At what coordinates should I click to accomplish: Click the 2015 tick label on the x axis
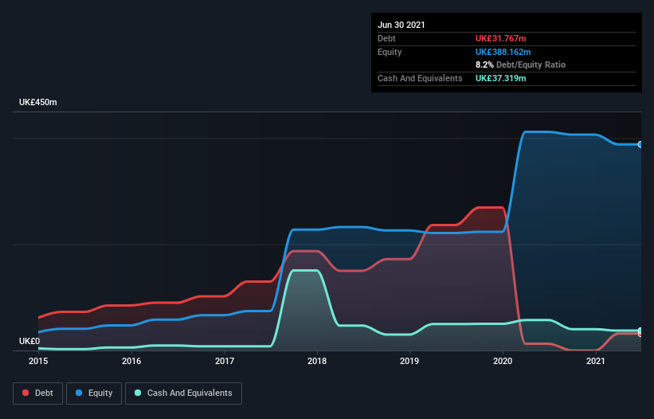(38, 362)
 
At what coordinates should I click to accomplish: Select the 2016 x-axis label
(131, 362)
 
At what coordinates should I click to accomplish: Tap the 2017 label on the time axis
(225, 362)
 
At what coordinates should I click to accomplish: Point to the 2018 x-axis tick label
(317, 362)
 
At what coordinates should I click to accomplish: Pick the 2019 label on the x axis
(410, 362)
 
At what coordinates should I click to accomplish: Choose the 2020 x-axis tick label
(503, 362)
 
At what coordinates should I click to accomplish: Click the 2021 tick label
(596, 362)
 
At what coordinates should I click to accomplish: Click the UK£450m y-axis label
(38, 103)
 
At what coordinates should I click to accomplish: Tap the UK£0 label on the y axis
(29, 341)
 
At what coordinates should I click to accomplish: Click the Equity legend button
(94, 393)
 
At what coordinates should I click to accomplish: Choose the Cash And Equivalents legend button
(183, 393)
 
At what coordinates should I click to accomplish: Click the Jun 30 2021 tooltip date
(401, 25)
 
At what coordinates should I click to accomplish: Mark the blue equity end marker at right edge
(640, 144)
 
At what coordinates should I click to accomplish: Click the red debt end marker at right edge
(640, 333)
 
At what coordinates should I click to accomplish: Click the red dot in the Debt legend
(26, 393)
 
